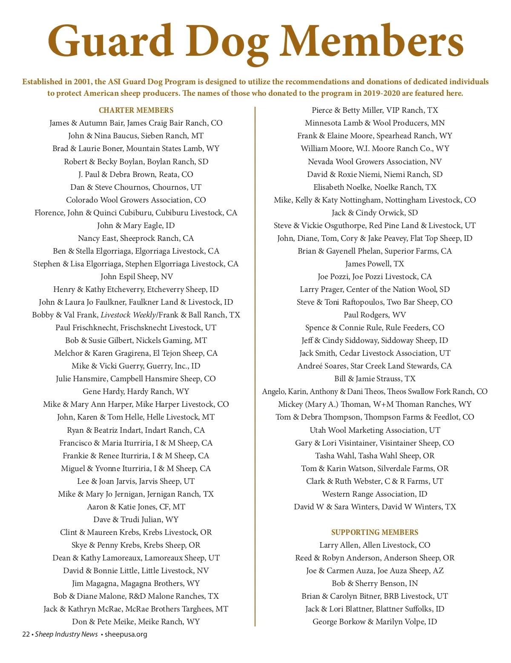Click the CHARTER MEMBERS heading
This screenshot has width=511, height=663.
[136, 110]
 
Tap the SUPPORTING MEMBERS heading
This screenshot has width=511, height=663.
[375, 532]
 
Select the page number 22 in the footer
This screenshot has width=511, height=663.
[26, 634]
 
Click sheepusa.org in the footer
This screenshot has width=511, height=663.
[126, 634]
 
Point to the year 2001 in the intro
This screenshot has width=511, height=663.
[82, 82]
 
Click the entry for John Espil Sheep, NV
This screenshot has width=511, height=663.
[136, 277]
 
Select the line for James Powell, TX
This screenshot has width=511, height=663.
[375, 264]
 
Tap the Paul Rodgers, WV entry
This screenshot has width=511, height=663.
[375, 315]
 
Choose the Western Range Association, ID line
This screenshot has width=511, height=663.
[375, 494]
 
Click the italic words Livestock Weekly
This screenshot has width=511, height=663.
[128, 315]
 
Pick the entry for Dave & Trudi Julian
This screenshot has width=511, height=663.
[136, 520]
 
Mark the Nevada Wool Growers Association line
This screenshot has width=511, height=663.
[375, 162]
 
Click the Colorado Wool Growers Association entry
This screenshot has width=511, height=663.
[136, 200]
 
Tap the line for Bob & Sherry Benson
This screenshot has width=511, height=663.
[375, 583]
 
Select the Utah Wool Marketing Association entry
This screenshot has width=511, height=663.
[375, 430]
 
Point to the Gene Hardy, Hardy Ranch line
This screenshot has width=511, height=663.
[136, 392]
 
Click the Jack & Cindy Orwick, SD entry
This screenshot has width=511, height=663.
[375, 213]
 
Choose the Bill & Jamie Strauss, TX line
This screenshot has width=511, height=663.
[375, 379]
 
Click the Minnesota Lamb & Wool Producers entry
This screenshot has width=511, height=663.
[375, 123]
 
